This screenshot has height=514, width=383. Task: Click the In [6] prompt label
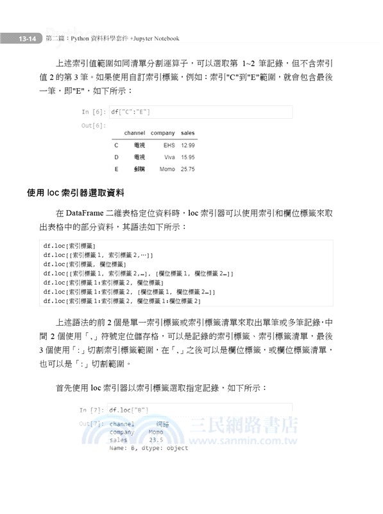point(94,112)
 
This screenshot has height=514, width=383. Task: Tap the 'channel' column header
point(134,133)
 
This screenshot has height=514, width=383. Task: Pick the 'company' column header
point(162,133)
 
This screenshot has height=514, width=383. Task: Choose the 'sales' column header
point(188,133)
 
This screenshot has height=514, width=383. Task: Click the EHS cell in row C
point(169,145)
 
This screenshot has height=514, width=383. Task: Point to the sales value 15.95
point(188,157)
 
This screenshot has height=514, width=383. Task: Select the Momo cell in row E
point(167,169)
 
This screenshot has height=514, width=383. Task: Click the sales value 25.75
point(188,169)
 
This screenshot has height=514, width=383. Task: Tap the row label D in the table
point(116,157)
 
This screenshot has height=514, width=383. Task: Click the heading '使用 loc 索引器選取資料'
point(76,192)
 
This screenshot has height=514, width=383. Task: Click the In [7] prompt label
point(92,409)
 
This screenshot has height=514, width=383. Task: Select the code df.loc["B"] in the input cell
point(129,409)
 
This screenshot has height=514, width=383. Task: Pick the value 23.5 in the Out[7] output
point(156,440)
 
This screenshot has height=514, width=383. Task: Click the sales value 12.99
point(188,145)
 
